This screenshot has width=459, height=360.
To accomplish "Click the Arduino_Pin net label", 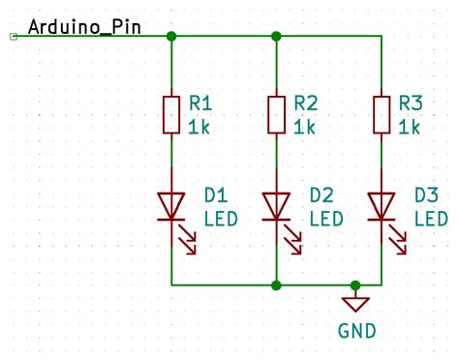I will tap(84, 26).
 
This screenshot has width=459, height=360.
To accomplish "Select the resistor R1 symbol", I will tap(171, 114).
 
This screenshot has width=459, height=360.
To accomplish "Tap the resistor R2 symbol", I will tap(277, 114).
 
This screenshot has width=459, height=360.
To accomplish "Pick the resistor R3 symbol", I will tap(382, 114).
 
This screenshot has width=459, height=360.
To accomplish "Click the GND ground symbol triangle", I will tap(356, 304).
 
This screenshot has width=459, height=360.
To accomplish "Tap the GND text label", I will tap(356, 331).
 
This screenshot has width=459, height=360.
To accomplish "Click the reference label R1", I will tap(199, 102).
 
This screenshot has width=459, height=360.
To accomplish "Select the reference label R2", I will tap(305, 102).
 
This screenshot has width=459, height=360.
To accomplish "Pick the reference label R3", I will tap(411, 102).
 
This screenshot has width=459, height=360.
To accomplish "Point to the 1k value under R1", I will tap(199, 127).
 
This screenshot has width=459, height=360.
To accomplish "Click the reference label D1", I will tap(215, 195).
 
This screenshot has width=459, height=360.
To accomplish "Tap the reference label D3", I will tap(426, 195).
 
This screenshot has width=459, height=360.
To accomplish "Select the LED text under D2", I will tap(325, 219).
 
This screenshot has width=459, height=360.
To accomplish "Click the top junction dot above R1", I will tap(171, 37).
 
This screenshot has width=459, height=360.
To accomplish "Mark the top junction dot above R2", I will tap(277, 37).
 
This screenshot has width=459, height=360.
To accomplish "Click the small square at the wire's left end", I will tap(13, 37).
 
